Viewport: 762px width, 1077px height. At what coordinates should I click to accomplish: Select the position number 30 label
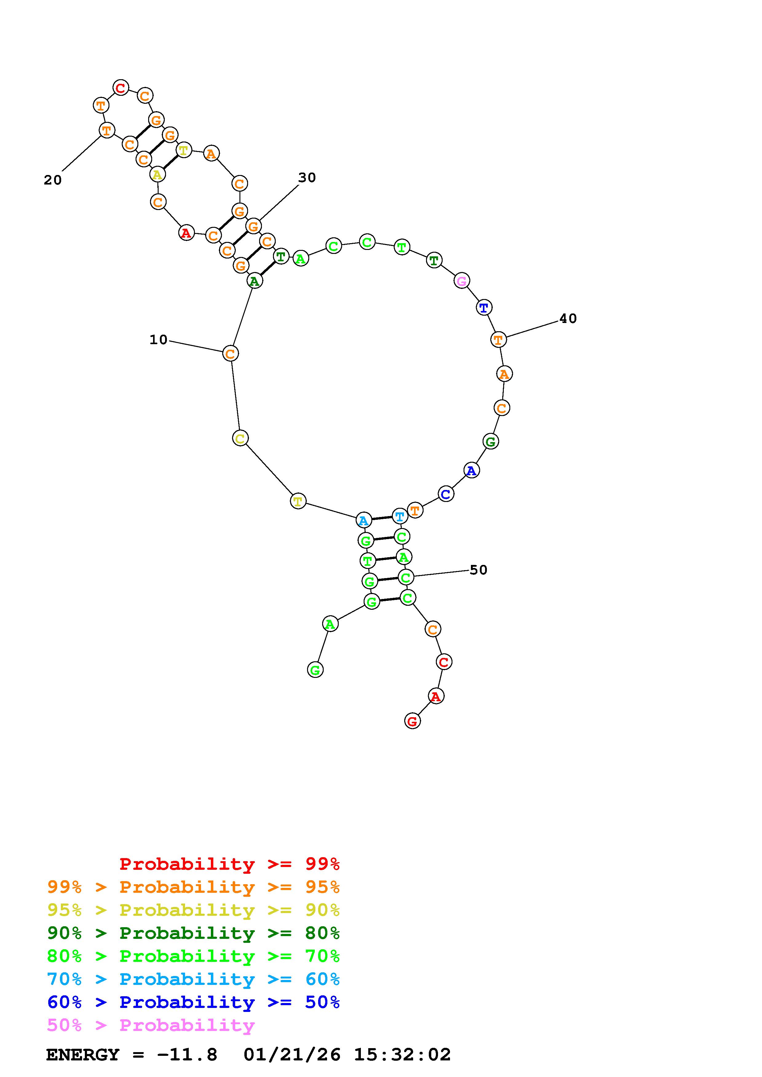[x=307, y=177]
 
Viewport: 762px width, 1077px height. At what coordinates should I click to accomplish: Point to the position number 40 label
[x=568, y=318]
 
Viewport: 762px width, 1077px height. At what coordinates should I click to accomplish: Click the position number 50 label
[x=478, y=570]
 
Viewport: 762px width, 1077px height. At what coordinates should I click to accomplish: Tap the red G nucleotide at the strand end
[x=412, y=721]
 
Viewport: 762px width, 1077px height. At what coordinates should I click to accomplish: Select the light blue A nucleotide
[x=363, y=520]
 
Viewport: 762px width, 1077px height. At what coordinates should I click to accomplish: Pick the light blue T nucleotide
[x=400, y=516]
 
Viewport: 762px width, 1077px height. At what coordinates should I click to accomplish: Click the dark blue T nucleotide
[x=484, y=308]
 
